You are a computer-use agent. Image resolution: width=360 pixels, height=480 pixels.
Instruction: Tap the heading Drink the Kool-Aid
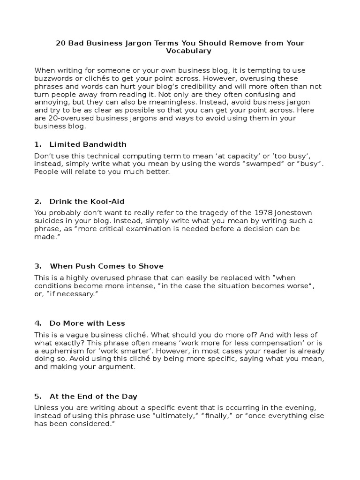(87, 202)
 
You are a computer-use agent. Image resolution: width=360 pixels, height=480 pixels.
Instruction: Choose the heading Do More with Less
(87, 323)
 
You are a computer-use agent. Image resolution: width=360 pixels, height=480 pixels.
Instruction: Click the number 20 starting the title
(60, 43)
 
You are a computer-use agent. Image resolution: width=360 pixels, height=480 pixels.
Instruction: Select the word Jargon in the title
(140, 43)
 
